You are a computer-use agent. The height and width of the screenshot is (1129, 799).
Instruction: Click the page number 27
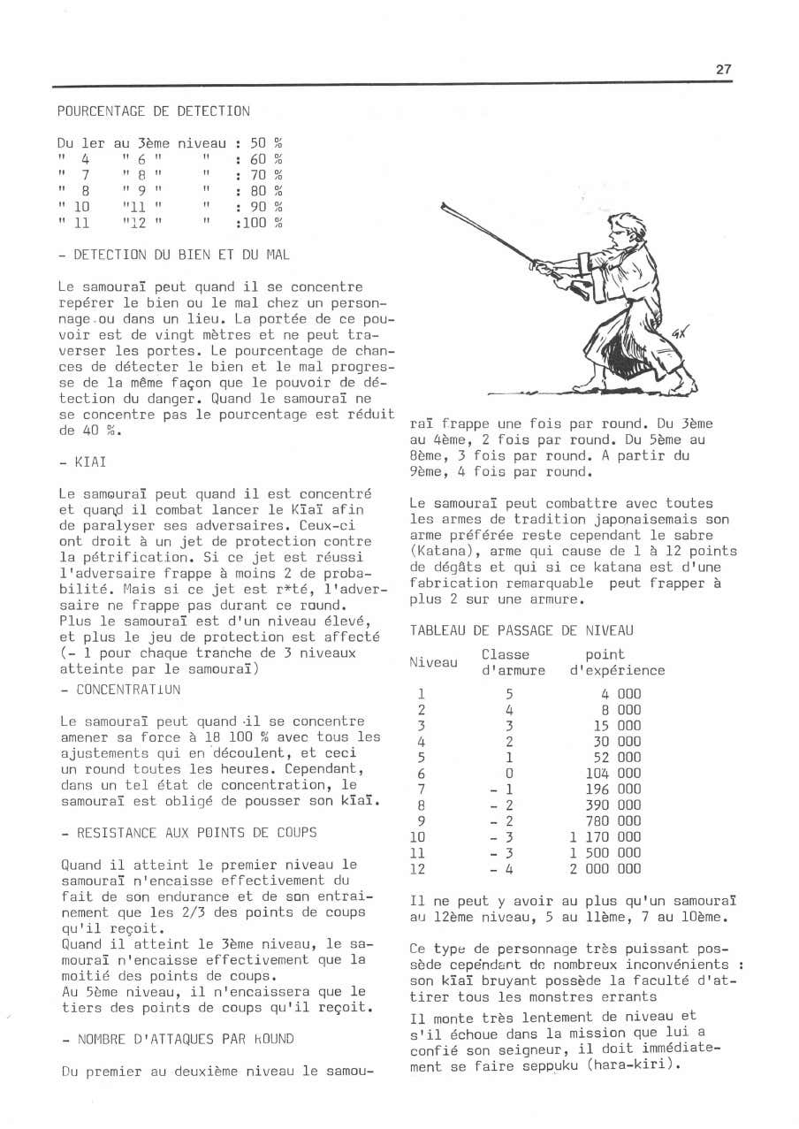[724, 70]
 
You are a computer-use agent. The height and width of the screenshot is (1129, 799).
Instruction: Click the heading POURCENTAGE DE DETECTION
[153, 111]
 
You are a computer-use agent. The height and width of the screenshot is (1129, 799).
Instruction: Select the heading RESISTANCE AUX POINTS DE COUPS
[190, 833]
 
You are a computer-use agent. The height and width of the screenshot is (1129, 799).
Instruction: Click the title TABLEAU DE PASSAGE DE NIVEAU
[521, 630]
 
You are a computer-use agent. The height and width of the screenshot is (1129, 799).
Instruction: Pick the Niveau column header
[433, 662]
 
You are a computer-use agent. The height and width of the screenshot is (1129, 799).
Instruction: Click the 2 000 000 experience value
[605, 869]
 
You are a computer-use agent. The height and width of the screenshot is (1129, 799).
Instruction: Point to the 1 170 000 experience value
[605, 837]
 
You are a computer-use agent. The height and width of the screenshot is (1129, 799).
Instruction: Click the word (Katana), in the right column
[443, 552]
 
